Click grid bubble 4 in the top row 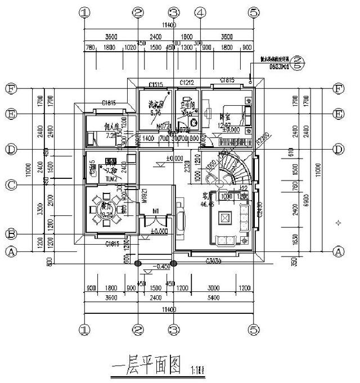tap(199, 12)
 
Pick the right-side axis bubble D tap(338, 149)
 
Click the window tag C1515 tap(156, 85)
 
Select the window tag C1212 tap(187, 83)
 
